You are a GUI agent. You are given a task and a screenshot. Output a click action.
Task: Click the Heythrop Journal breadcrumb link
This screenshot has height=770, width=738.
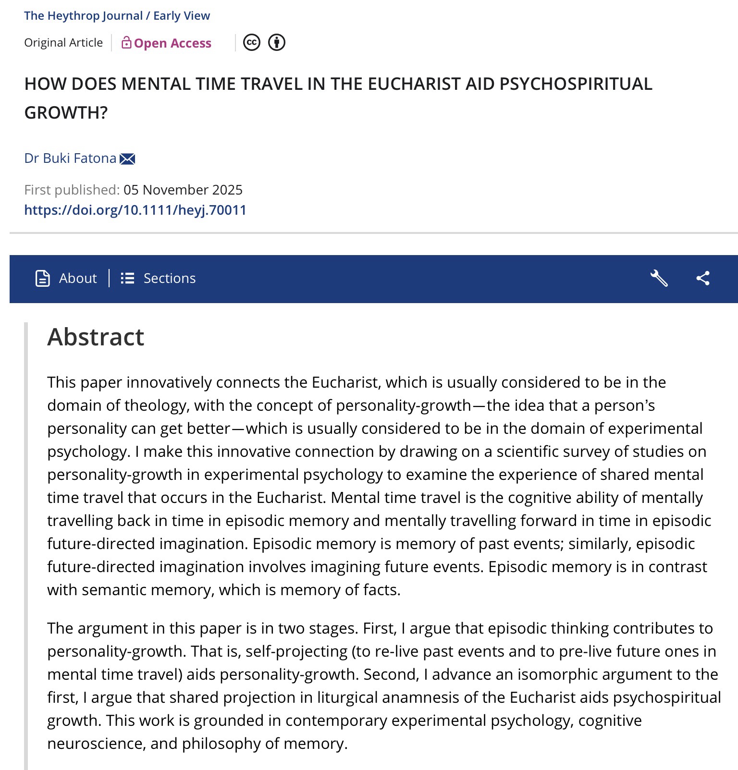coord(83,15)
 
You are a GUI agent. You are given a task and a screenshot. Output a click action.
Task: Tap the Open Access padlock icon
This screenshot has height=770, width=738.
coord(126,43)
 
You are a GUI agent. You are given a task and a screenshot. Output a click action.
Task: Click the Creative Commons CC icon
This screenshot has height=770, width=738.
coord(252,42)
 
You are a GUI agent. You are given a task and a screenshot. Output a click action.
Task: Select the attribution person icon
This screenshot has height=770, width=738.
coord(277,42)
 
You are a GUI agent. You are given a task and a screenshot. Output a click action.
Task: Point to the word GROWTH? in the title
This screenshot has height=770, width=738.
coord(66,112)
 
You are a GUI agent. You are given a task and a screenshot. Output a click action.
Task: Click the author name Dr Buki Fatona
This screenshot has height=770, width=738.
coord(70,158)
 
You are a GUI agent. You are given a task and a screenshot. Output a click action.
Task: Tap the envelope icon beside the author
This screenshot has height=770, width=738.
coord(127,159)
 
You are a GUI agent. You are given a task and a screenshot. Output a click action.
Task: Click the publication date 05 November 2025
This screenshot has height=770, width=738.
coord(183,190)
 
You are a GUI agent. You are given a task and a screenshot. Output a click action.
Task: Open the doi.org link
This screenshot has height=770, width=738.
coord(135,210)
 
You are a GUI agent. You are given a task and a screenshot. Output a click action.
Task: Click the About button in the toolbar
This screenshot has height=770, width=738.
coord(66,278)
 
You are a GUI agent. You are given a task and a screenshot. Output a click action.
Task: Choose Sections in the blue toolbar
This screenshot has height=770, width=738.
coord(159,278)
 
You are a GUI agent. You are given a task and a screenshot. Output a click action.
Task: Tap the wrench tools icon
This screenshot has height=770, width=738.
coord(659,278)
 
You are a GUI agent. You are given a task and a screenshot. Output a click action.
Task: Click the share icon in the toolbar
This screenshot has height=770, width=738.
coord(703,278)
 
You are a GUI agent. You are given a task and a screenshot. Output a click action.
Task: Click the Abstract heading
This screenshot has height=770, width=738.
coord(96,337)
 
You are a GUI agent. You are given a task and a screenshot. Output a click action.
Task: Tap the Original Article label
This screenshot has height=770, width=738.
coord(63,43)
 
